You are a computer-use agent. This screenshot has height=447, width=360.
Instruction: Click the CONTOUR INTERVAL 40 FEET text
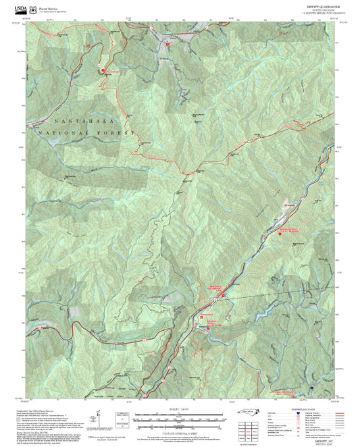180,429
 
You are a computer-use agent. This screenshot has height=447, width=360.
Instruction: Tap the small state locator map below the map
249,414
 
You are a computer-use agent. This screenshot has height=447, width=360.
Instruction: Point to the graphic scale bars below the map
180,419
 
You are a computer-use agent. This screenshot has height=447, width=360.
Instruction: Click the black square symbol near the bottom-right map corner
311,390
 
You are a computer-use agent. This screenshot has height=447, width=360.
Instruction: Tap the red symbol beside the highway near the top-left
102,70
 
